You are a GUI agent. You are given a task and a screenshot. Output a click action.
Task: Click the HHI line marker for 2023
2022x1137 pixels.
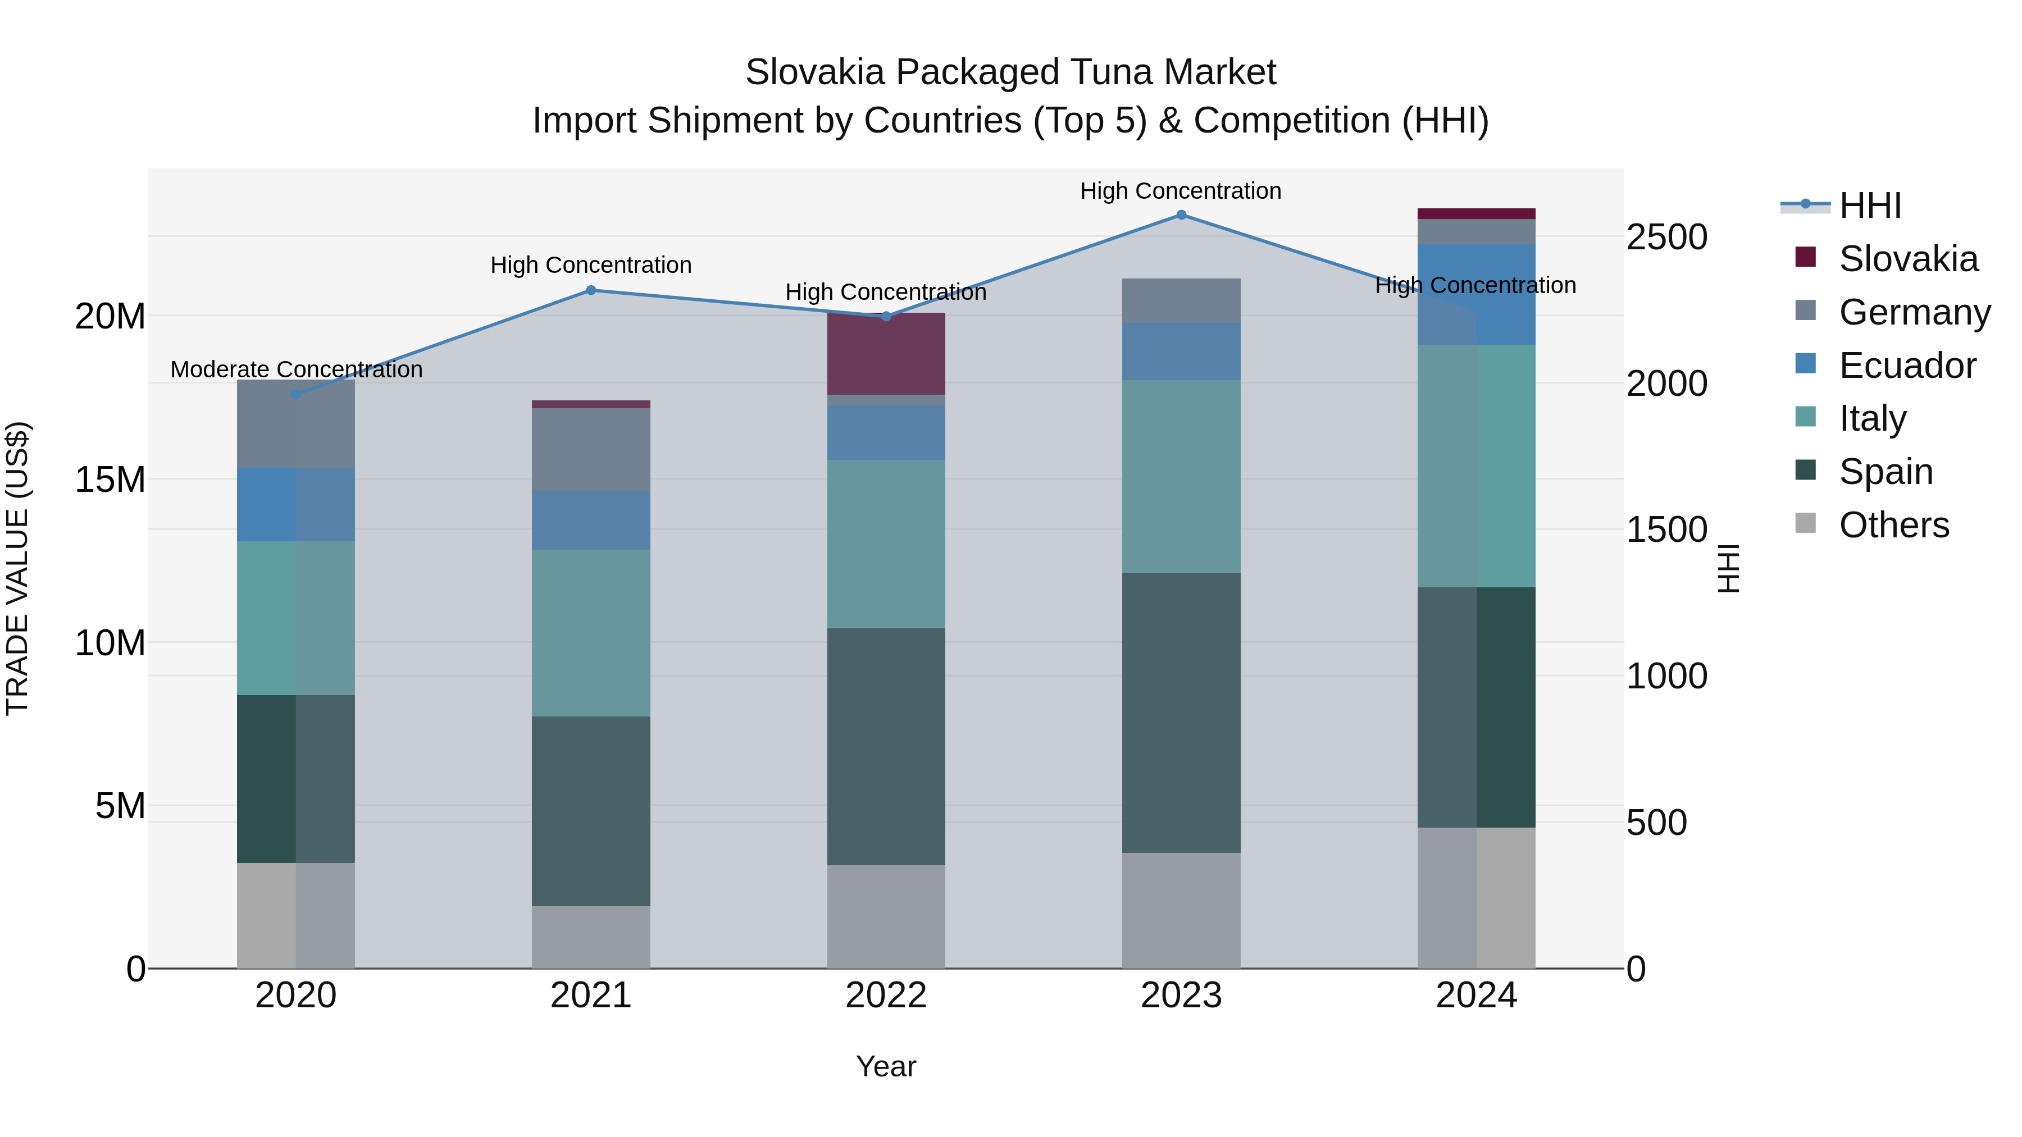click(x=1181, y=215)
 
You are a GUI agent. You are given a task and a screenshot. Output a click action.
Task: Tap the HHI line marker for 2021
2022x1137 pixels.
click(x=591, y=290)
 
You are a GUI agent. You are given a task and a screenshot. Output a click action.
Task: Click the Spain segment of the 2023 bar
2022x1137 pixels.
click(x=1181, y=713)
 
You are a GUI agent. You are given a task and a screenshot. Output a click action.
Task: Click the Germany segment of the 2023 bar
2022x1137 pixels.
click(x=1181, y=300)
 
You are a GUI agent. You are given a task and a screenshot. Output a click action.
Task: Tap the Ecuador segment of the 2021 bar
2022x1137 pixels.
click(x=591, y=520)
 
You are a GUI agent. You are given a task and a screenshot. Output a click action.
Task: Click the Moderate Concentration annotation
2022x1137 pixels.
click(x=296, y=369)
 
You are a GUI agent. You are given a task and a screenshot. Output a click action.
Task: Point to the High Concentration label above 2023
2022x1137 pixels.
click(x=1181, y=191)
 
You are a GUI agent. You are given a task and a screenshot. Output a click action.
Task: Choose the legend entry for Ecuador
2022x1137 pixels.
click(x=1907, y=366)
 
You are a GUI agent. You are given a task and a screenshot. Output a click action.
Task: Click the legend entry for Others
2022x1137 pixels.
click(x=1893, y=525)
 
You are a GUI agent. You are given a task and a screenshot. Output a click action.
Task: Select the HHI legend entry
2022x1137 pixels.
click(x=1870, y=206)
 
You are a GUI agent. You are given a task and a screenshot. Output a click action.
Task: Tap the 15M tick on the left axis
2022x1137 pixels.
click(x=110, y=480)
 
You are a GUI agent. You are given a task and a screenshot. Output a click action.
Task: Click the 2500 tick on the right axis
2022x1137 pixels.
click(x=1666, y=237)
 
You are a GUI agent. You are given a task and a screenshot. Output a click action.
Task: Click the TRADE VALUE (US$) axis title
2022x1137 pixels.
click(x=17, y=568)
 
